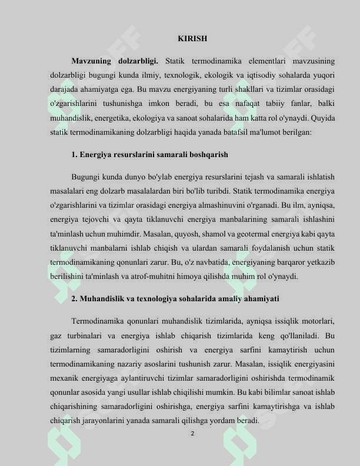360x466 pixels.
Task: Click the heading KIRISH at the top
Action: tap(192, 39)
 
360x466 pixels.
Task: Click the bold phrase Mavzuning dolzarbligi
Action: tap(115, 61)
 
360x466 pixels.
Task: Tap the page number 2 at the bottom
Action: tap(192, 434)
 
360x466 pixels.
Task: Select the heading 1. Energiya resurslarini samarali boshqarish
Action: tap(149, 154)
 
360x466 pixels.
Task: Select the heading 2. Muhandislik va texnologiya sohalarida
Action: tap(175, 299)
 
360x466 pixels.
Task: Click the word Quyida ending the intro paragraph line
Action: tap(323, 118)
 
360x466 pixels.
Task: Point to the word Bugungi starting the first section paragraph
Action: tap(86, 177)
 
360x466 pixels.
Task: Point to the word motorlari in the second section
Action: tap(318, 321)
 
